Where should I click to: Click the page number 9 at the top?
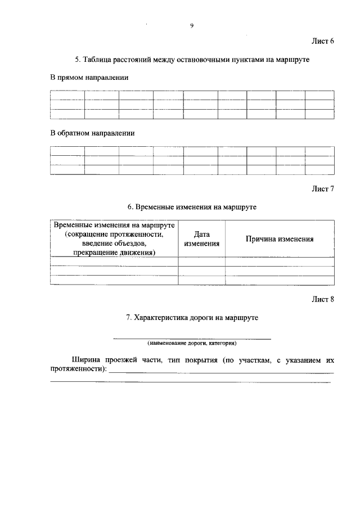pyautogui.click(x=192, y=25)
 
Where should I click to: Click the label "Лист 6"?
pyautogui.click(x=323, y=41)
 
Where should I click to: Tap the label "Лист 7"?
pyautogui.click(x=323, y=189)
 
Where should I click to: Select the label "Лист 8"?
pyautogui.click(x=323, y=299)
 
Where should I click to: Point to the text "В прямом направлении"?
pyautogui.click(x=89, y=78)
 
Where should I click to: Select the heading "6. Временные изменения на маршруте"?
pyautogui.click(x=192, y=207)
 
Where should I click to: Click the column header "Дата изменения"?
pyautogui.click(x=201, y=239)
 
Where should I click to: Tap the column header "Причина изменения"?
pyautogui.click(x=280, y=239)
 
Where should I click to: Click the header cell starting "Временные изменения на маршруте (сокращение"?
pyautogui.click(x=114, y=239)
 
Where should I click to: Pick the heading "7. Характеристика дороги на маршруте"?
pyautogui.click(x=192, y=318)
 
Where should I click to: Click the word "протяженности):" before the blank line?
pyautogui.click(x=78, y=369)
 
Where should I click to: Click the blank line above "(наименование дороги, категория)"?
pyautogui.click(x=192, y=338)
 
